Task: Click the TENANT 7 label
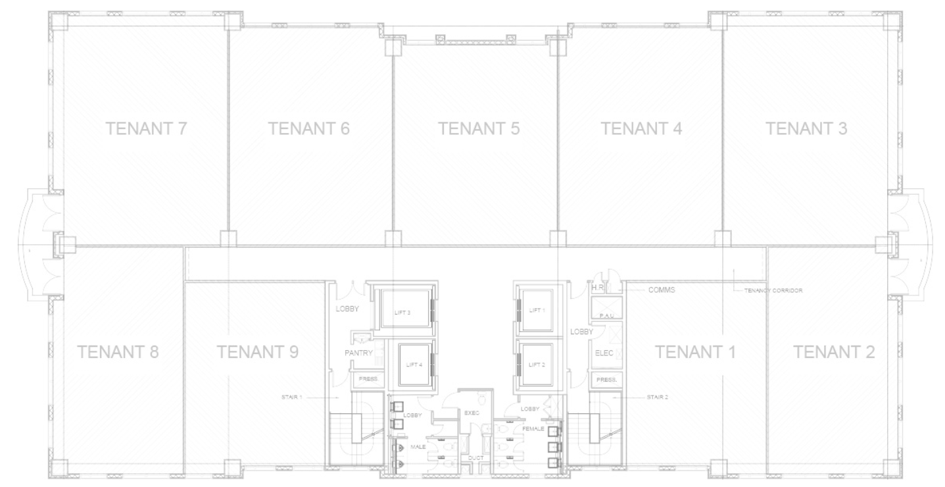pos(147,128)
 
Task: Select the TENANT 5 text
pos(479,128)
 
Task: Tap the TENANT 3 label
pos(806,128)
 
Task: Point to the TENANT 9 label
pos(258,352)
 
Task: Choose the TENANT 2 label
pos(834,352)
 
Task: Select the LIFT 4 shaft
pos(414,365)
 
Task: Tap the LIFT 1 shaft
pos(538,310)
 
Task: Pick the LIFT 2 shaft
pos(538,364)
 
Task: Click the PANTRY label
pos(359,353)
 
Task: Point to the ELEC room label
pos(604,353)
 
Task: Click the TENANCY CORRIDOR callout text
pos(773,290)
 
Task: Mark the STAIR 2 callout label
pos(657,397)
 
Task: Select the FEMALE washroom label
pos(533,428)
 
